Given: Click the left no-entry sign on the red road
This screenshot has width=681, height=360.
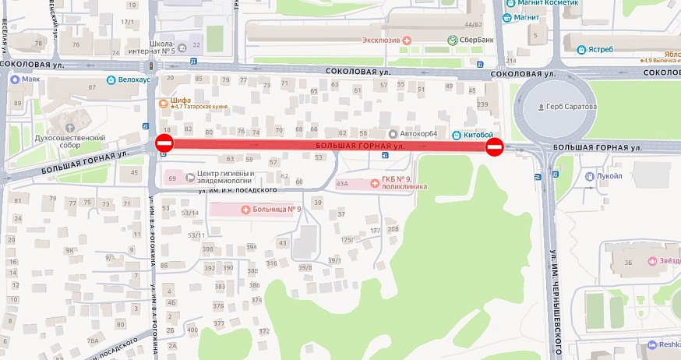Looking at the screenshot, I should pyautogui.click(x=164, y=143).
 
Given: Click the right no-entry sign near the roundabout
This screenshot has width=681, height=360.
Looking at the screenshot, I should pyautogui.click(x=495, y=147).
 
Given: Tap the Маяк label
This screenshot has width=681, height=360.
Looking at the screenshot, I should pyautogui.click(x=30, y=79).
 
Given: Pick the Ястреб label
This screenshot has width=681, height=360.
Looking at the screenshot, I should pyautogui.click(x=600, y=50).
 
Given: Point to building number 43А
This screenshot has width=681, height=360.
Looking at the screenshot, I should pyautogui.click(x=341, y=185).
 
